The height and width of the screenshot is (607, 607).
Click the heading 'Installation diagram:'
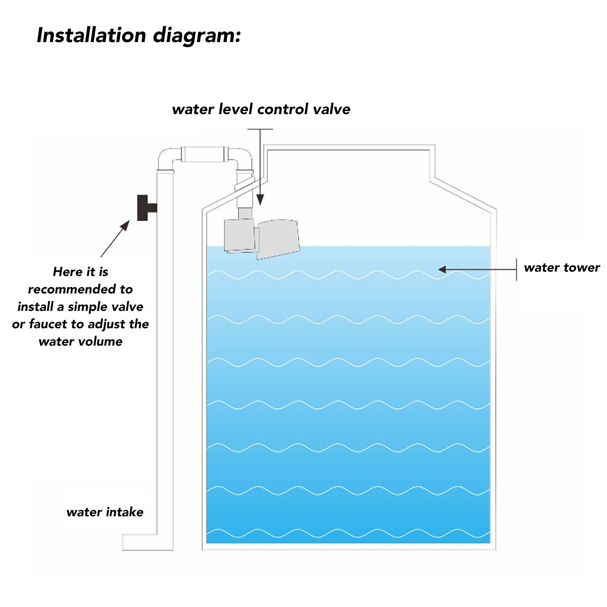[139, 35]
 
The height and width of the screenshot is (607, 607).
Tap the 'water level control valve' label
[261, 109]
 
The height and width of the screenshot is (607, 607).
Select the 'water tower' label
[562, 268]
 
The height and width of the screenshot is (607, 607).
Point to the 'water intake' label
[105, 512]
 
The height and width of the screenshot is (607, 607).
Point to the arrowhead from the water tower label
[442, 270]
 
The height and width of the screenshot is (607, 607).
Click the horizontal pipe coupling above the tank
[204, 154]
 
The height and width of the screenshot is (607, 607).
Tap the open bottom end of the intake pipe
[123, 543]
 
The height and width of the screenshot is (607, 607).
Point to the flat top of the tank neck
[349, 147]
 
